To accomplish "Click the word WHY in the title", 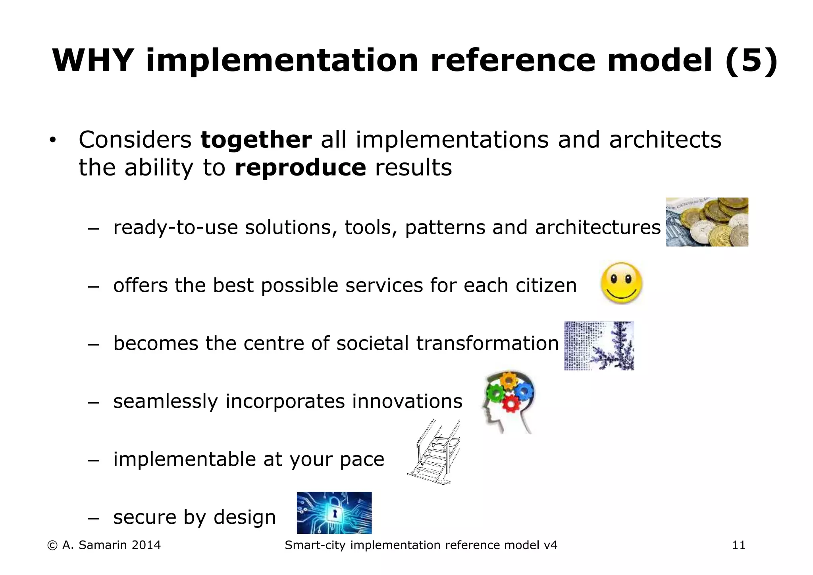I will coord(92,60).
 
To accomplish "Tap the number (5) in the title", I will coord(751,60).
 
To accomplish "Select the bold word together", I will coord(256,140).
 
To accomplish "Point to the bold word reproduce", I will coord(300,168).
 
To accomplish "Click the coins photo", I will coord(707,222).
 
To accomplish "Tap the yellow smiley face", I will coord(622,283).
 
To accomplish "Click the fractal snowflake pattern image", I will coord(599,345).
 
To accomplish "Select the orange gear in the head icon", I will coord(508,380).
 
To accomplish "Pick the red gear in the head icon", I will coord(511,404).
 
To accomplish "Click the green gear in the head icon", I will coord(494,393).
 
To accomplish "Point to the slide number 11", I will coord(738,545).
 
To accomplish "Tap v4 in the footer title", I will coord(551,545).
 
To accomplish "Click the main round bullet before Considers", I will coord(52,141).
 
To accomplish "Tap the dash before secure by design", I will coord(93,518).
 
